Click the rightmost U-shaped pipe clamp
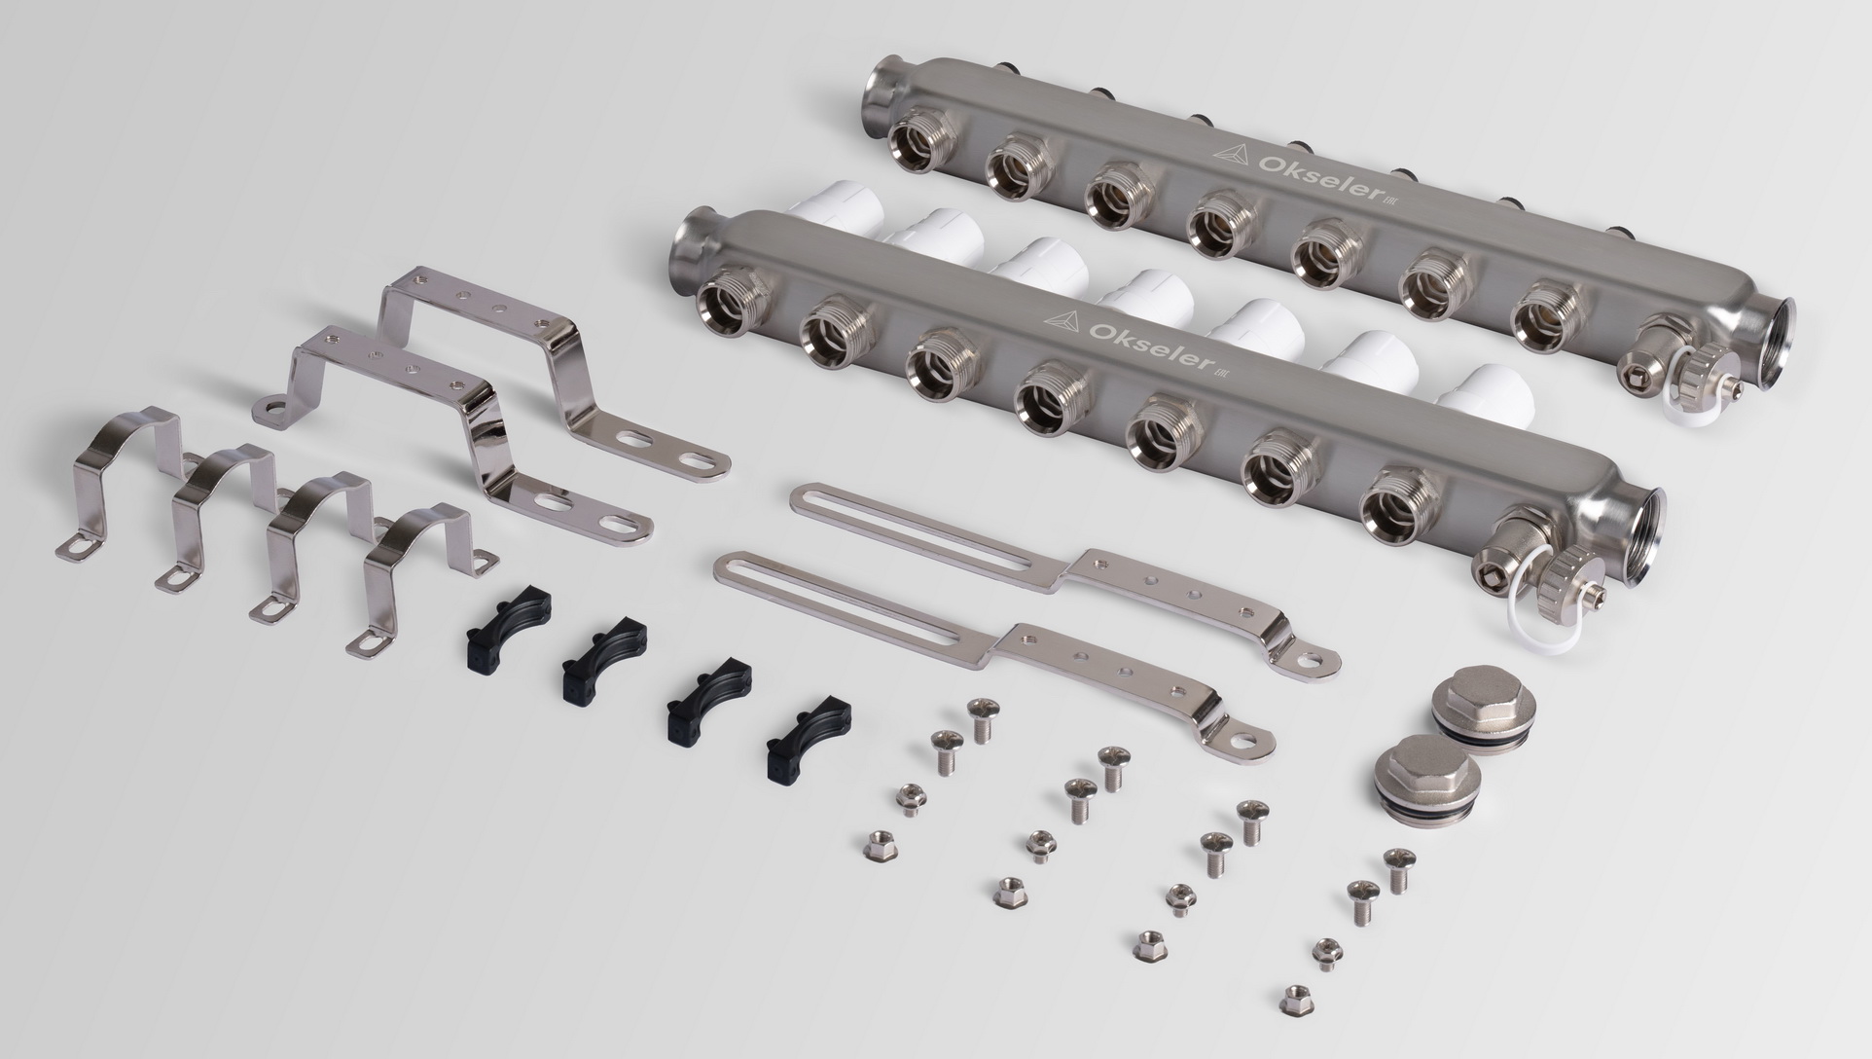pyautogui.click(x=427, y=574)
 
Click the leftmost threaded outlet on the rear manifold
pyautogui.click(x=918, y=146)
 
